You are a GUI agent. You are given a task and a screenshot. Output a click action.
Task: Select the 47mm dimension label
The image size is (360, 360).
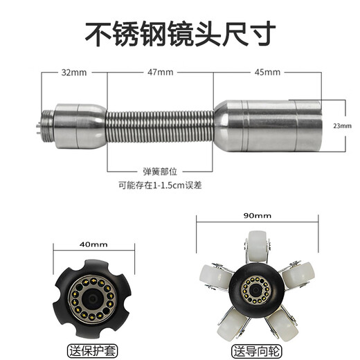point(161,72)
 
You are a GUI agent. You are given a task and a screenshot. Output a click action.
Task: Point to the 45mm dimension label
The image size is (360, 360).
point(267,72)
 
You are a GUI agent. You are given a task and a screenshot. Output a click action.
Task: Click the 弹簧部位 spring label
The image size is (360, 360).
point(160,170)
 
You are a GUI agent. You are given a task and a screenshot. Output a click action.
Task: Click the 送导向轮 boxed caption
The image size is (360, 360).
point(258,348)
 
